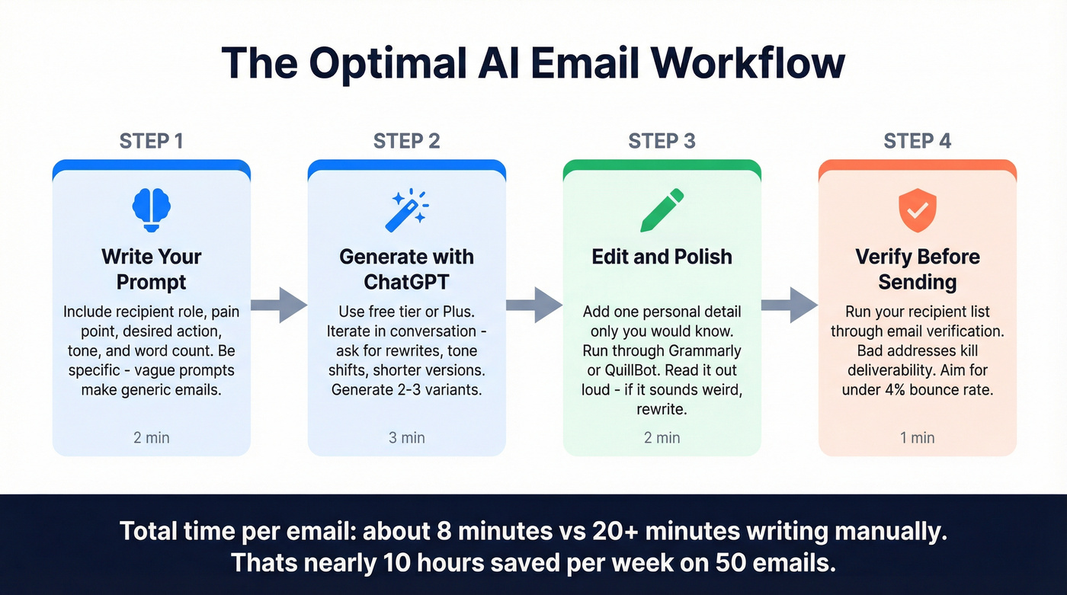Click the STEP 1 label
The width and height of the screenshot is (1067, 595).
click(x=151, y=141)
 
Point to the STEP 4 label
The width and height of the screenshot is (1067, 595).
click(x=917, y=141)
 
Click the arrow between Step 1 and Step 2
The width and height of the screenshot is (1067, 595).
click(x=278, y=305)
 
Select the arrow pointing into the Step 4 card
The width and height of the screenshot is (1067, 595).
click(x=789, y=305)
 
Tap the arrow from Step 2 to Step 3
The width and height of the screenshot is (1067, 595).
click(x=533, y=305)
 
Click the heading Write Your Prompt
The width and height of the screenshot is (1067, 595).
click(x=151, y=269)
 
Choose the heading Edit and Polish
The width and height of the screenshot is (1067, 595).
click(x=662, y=257)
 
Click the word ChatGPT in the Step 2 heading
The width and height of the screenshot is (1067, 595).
click(x=406, y=282)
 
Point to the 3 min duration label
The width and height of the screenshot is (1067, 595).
click(x=406, y=437)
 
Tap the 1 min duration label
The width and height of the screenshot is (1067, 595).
click(x=917, y=437)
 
